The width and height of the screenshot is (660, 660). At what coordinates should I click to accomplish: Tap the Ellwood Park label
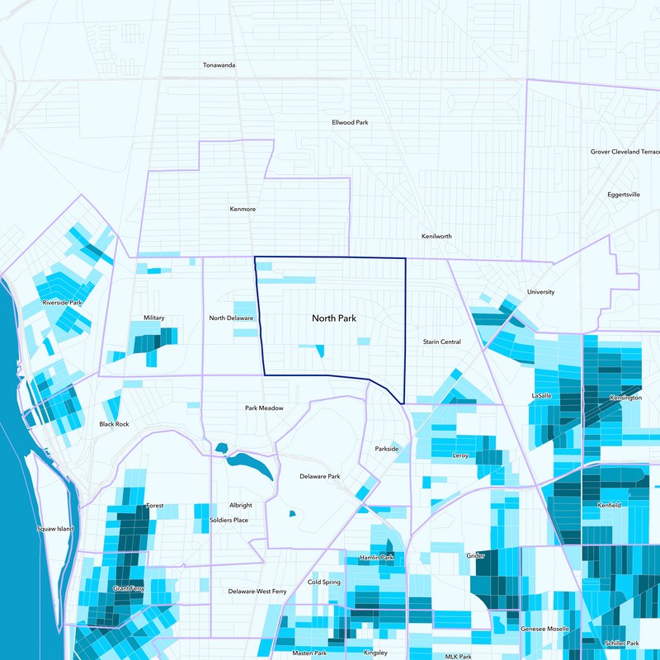click(350, 122)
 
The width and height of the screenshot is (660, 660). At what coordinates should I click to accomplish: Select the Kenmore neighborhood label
click(243, 209)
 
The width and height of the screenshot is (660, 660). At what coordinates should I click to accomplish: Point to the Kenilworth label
click(436, 236)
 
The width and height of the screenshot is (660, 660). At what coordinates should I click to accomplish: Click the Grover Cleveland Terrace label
click(625, 152)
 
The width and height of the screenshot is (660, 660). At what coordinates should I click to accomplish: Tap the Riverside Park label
click(63, 303)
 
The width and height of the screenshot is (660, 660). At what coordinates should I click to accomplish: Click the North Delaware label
click(231, 318)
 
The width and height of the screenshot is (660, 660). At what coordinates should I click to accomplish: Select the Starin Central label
click(442, 342)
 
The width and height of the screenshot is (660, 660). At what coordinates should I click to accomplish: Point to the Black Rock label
click(114, 424)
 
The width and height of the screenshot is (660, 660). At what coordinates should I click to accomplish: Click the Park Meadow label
click(264, 408)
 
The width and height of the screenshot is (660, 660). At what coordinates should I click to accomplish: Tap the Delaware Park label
click(319, 477)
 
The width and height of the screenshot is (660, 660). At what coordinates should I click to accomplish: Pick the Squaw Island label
click(56, 528)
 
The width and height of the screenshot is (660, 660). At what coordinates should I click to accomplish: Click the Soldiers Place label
click(229, 520)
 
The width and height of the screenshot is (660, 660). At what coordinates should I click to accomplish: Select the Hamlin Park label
click(376, 559)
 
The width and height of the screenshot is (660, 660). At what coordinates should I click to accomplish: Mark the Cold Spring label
click(324, 582)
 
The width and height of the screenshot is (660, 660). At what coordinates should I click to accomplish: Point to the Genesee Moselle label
click(544, 629)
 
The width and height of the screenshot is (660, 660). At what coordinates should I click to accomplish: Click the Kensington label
click(625, 398)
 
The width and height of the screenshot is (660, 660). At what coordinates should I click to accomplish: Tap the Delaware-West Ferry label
click(257, 592)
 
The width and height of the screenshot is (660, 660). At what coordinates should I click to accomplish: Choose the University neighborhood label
click(541, 292)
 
